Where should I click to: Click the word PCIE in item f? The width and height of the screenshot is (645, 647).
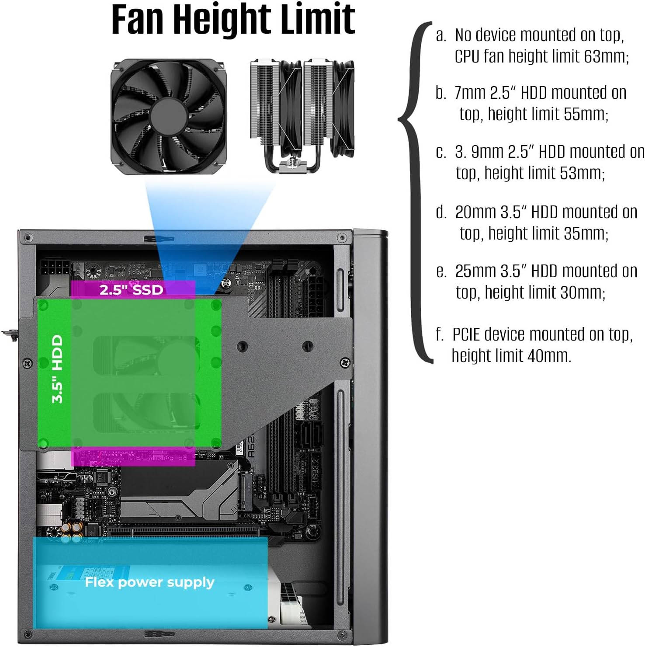[466, 334]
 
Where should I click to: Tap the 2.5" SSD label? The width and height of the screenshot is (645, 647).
[131, 289]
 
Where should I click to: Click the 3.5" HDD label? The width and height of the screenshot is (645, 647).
[57, 369]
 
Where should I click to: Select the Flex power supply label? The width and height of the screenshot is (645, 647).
[149, 582]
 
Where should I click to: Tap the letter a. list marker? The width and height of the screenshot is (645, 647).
[441, 35]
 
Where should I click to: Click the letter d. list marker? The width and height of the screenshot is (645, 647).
[441, 212]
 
